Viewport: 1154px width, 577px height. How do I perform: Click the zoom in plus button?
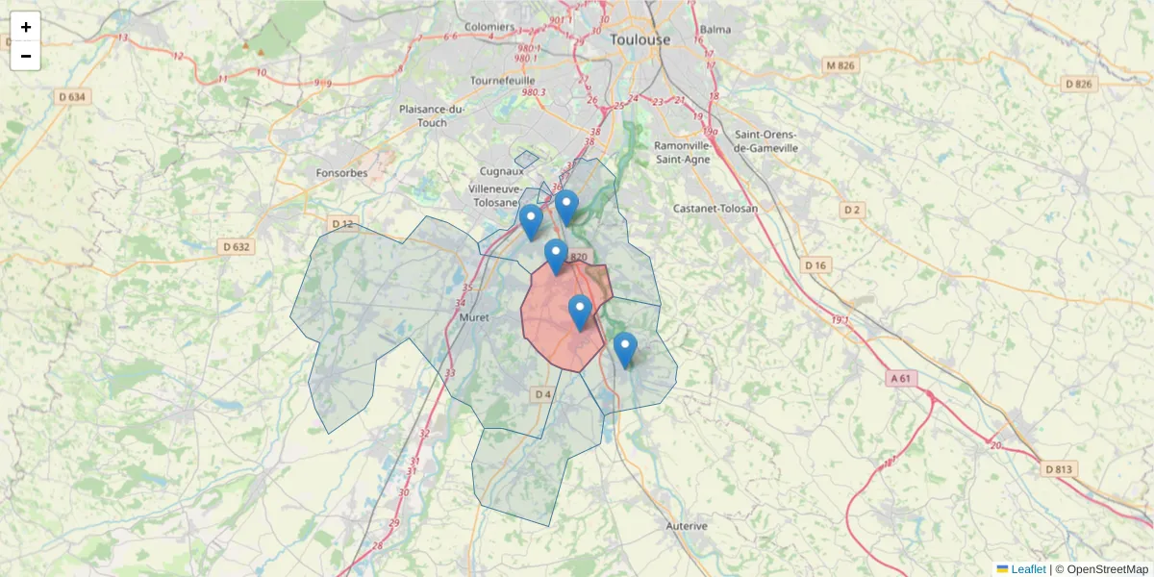(x=26, y=27)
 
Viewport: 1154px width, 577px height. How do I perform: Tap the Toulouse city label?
(x=640, y=39)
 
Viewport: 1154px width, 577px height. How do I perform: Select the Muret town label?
(x=475, y=316)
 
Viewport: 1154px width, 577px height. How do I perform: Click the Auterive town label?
(x=687, y=526)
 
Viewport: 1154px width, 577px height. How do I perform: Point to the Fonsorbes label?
(x=342, y=173)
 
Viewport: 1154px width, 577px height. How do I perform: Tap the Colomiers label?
(x=489, y=27)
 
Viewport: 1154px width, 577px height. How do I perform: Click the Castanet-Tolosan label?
(x=715, y=208)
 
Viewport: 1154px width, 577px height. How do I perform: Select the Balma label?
(x=715, y=29)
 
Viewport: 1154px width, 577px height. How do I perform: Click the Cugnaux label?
(x=503, y=170)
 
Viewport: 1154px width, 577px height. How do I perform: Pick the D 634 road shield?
(x=72, y=96)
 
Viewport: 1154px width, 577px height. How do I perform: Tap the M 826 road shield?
(x=840, y=65)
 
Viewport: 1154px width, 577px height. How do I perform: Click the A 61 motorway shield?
(x=901, y=379)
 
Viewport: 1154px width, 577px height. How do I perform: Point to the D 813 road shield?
(x=1060, y=469)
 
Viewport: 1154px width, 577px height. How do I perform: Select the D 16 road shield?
(x=816, y=264)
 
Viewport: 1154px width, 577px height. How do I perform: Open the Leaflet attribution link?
(x=1027, y=569)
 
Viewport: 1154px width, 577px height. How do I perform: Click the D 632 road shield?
(x=237, y=246)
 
